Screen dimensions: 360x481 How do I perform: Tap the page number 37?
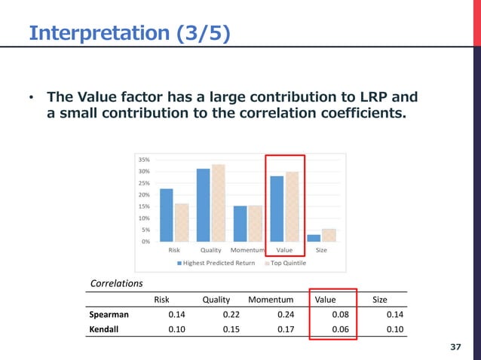[x=455, y=346]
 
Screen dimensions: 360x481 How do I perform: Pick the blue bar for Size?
[x=314, y=238]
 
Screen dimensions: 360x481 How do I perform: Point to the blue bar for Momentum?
[x=240, y=224]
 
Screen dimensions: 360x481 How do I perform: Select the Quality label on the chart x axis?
[x=210, y=250]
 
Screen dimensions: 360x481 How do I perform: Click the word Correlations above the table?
[x=116, y=284]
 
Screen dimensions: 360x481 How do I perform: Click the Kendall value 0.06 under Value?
[x=341, y=328]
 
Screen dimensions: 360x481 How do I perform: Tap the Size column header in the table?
[x=380, y=300]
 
